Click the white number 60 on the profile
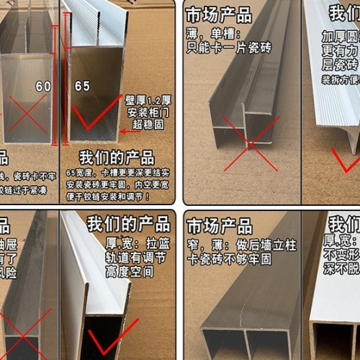43,86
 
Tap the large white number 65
82,86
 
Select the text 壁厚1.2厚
148,98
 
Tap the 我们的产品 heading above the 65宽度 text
117,158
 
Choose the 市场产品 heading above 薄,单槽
218,14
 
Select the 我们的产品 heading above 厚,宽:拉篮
128,224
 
